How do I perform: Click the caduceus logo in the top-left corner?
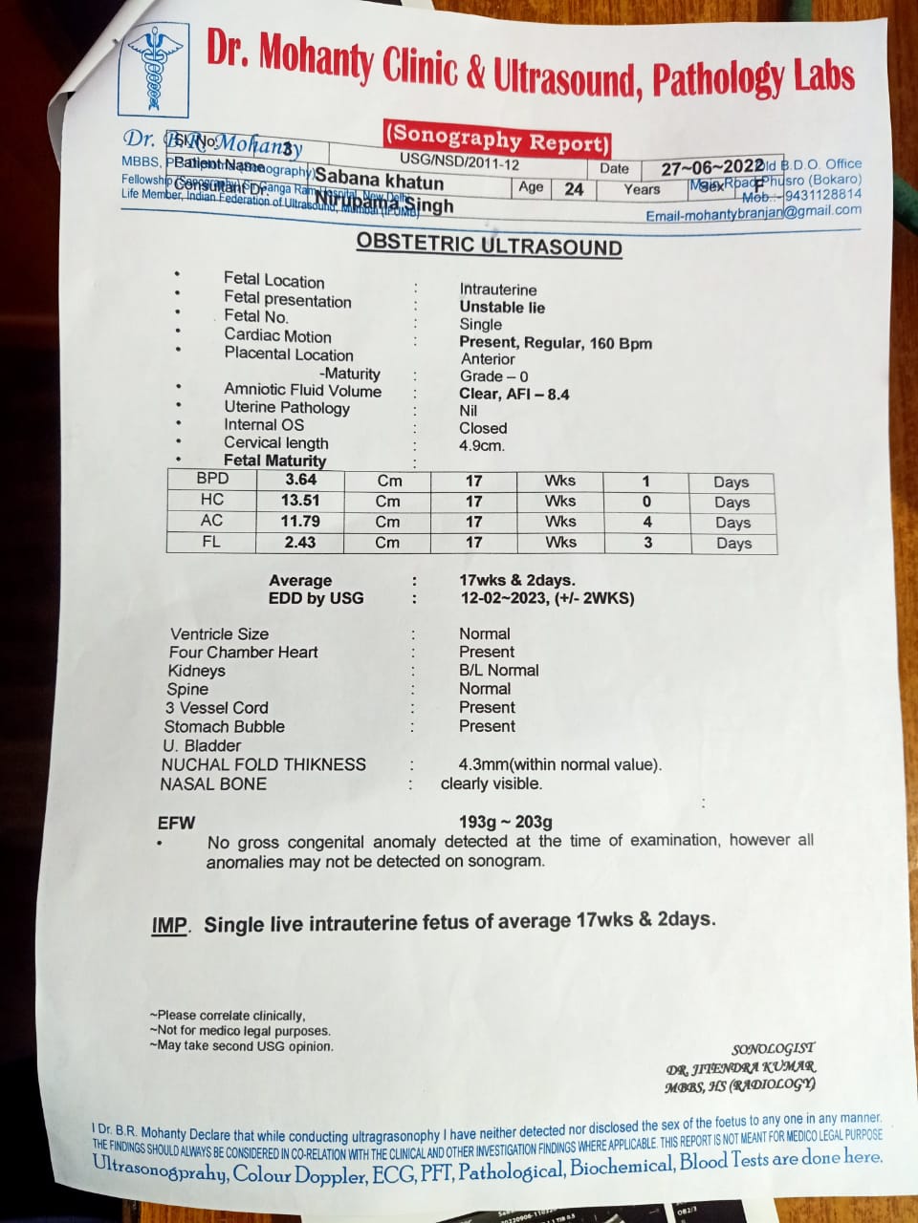[153, 69]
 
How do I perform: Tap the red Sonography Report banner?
[497, 139]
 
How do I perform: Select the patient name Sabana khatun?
[379, 180]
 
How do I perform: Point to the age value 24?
[574, 189]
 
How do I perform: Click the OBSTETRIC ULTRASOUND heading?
[489, 246]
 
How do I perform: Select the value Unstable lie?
[502, 307]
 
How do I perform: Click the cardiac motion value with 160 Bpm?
[556, 342]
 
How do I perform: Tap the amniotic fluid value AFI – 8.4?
[514, 394]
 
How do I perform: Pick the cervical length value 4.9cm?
[482, 445]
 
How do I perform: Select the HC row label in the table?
[212, 500]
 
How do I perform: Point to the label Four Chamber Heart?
[243, 652]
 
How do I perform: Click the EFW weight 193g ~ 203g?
[505, 822]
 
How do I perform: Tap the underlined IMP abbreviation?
[169, 926]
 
